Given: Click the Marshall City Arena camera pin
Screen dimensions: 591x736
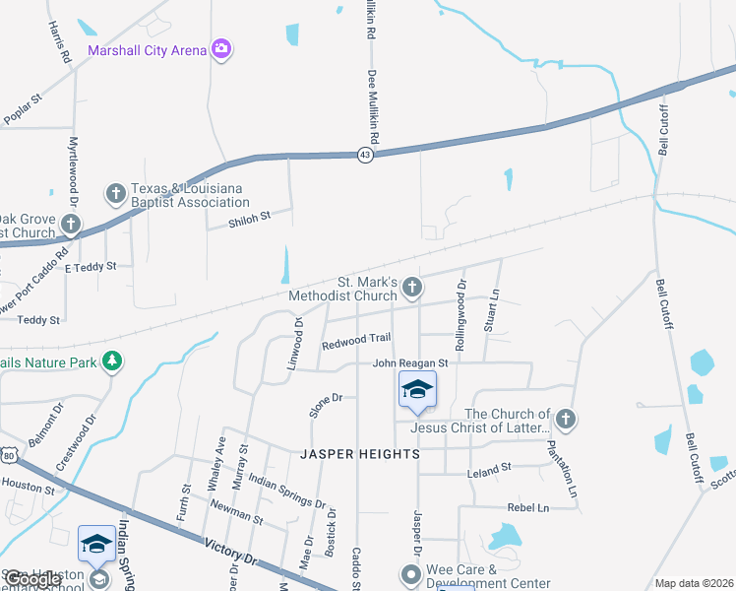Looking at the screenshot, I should coord(221,49).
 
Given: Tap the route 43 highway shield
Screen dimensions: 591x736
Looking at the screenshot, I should coord(365,156).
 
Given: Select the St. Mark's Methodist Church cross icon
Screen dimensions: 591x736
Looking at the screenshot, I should coord(413,288).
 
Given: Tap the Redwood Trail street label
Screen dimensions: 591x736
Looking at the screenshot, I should coord(356,340).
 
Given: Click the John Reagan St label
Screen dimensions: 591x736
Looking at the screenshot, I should coord(409,363).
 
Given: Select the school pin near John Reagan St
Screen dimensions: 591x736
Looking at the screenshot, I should coord(417,391).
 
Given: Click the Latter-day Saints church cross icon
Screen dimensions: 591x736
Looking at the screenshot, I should coord(565,420).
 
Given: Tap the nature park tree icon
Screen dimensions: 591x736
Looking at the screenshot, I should coord(114,361).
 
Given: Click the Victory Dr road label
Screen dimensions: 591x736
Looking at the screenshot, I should coord(229,550).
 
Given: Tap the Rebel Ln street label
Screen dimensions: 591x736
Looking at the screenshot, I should coord(527,507).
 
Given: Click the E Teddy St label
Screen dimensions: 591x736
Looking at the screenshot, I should coord(91,267).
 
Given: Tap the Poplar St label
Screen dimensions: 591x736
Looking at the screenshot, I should coord(23,108).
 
